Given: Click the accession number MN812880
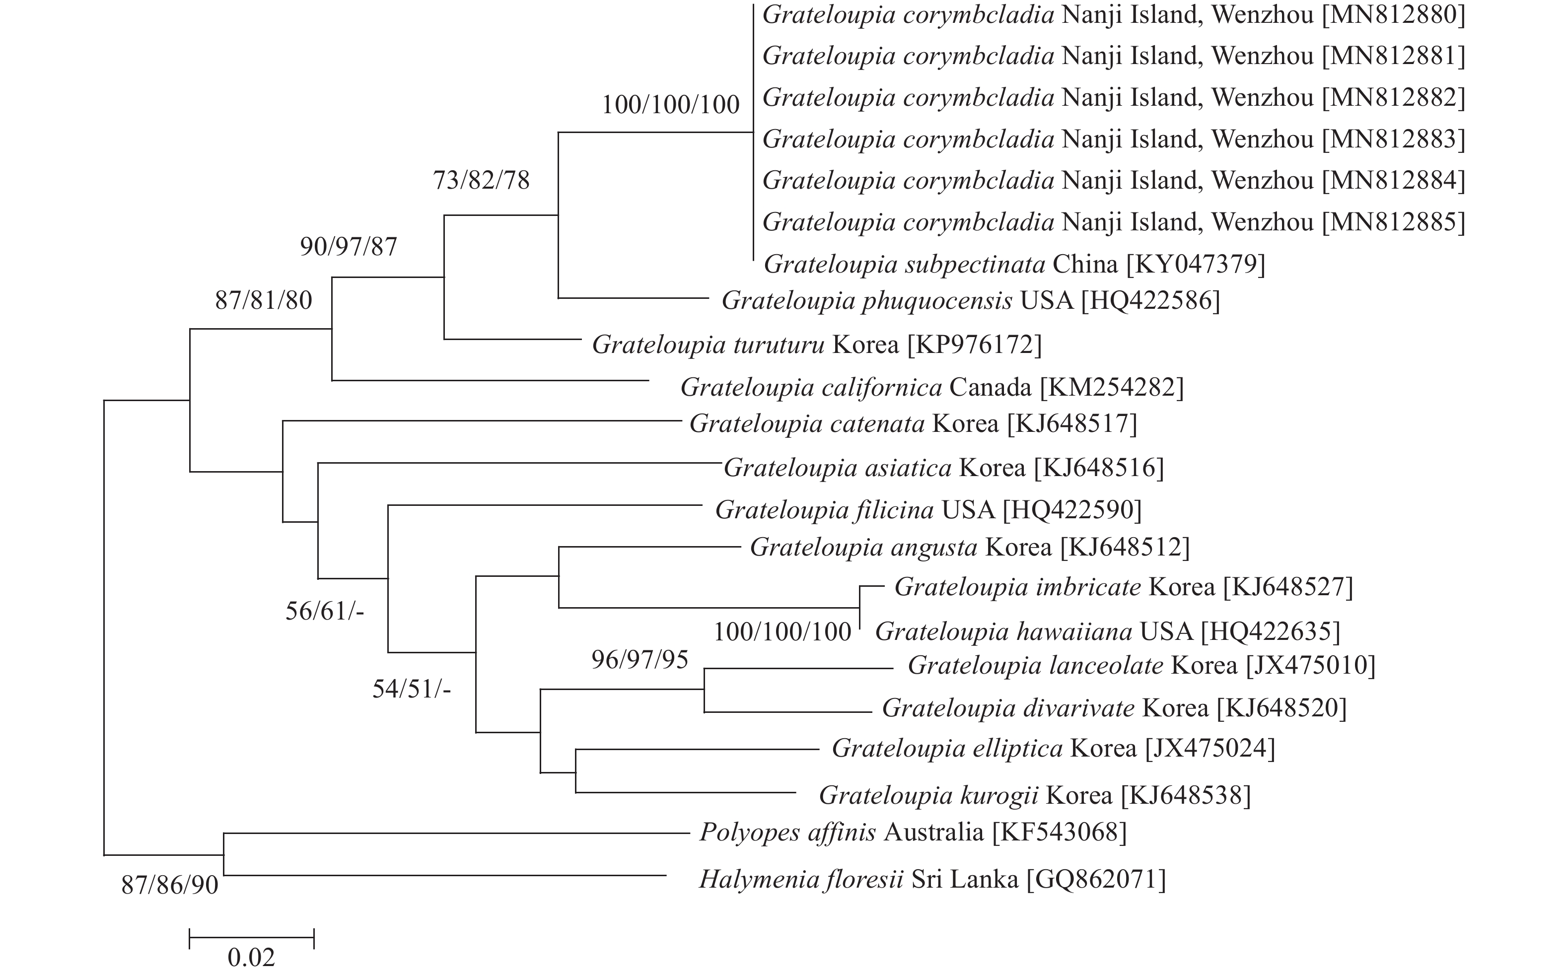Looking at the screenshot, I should pos(1394,14).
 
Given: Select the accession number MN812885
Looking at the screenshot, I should pos(1394,222).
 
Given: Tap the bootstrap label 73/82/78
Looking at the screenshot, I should pos(481,181).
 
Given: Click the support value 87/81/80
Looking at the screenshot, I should pos(263,300).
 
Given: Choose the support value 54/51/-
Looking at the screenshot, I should pos(412,690).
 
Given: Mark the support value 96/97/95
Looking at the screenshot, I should pos(640,659).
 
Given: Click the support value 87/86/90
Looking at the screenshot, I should pos(170,885).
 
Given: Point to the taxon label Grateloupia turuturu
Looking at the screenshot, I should pos(708,345).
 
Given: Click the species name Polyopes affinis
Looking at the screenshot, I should pos(787,833).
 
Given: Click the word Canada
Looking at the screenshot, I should pos(991,388).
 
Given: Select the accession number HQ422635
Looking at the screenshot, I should pos(1270,631).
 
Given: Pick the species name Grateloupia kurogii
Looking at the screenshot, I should pos(928,795).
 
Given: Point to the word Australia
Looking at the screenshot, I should pos(933,833).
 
